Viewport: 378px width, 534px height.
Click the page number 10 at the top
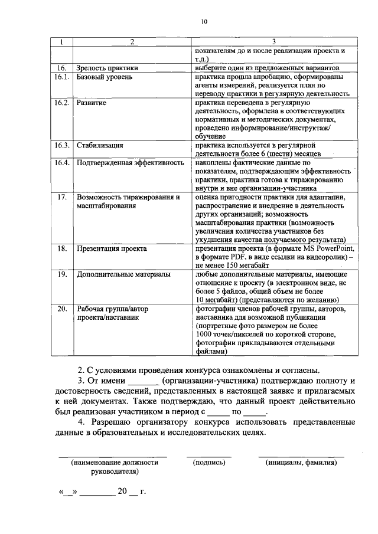204,22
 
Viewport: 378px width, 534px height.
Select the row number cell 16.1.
62,77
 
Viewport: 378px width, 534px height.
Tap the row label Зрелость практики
107,68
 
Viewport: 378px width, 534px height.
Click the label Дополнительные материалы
124,274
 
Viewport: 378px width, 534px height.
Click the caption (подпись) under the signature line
210,463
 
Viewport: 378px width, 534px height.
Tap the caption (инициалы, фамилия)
301,463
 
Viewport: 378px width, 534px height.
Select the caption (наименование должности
115,463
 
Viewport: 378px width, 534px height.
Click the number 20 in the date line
122,491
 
